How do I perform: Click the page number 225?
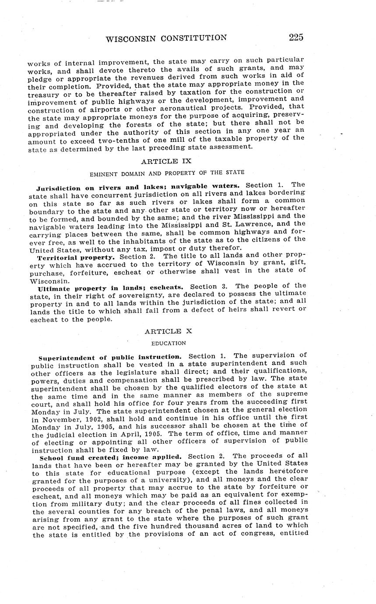[x=296, y=37]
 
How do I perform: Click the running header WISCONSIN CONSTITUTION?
[x=166, y=38]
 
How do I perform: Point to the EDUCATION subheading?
[x=166, y=343]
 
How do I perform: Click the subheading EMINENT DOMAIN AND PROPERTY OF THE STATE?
[x=167, y=172]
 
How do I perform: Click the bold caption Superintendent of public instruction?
[x=110, y=357]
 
